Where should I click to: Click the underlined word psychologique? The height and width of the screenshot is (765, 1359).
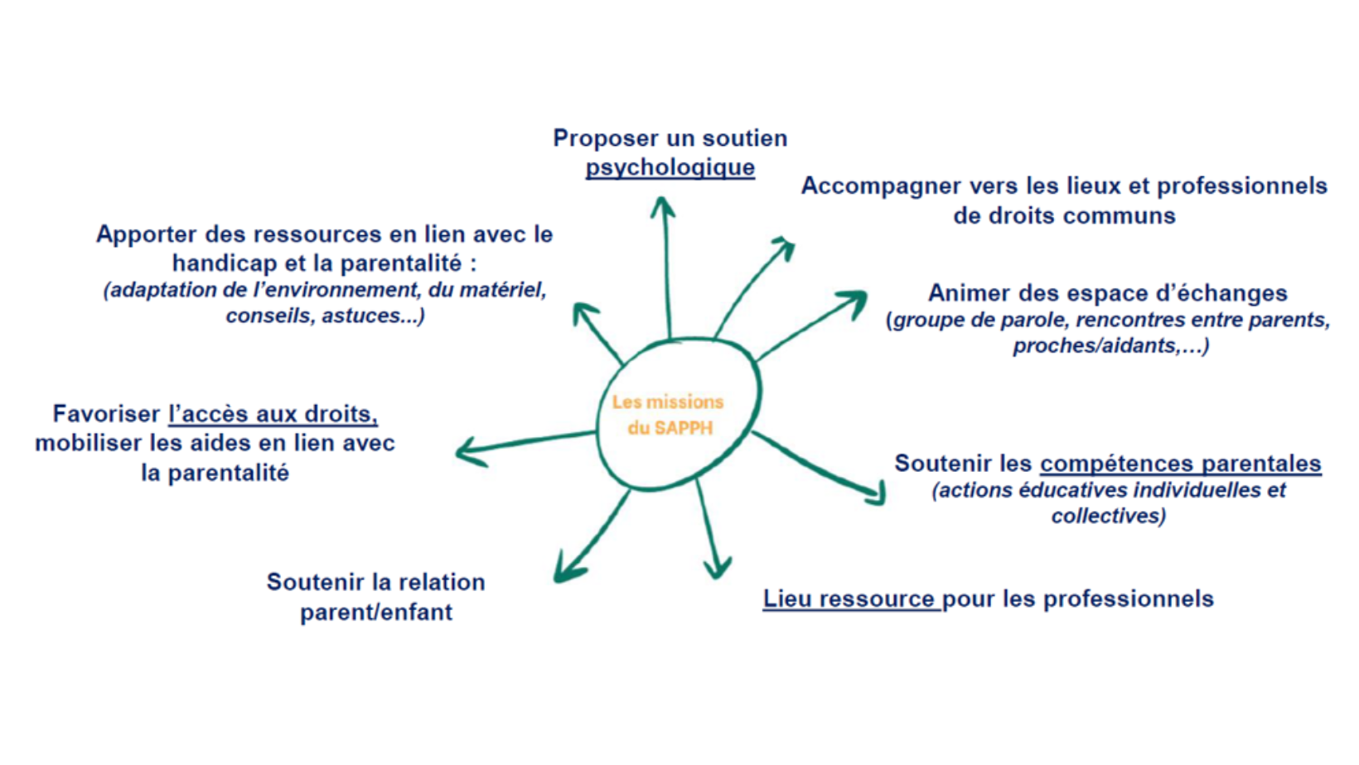670,168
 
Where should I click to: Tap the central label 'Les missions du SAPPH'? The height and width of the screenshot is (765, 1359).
669,415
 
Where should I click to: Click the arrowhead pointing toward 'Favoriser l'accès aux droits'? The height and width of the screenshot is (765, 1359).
470,452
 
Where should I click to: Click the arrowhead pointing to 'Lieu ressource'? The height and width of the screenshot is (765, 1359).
717,569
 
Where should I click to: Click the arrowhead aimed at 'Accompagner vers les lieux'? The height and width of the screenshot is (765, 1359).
784,248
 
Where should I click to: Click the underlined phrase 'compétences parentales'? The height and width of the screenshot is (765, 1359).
1181,464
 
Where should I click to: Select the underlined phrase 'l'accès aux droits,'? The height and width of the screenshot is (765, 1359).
273,414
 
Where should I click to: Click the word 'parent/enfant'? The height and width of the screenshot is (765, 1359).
376,612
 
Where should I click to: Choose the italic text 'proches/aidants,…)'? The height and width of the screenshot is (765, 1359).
1111,345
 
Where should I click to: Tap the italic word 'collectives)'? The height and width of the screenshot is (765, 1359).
1109,516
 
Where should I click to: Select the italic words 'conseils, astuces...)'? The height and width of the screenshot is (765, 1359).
325,315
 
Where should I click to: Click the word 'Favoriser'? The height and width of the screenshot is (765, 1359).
106,414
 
